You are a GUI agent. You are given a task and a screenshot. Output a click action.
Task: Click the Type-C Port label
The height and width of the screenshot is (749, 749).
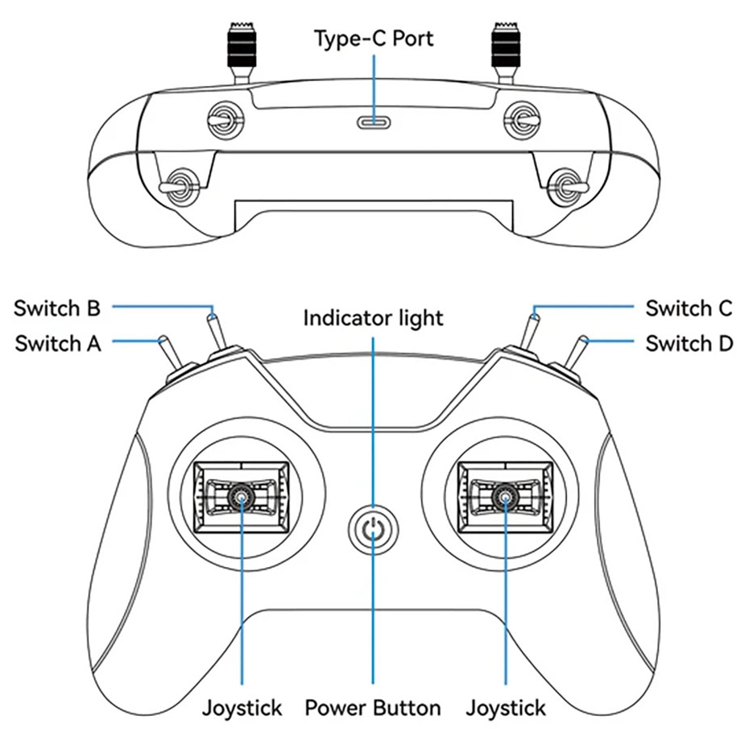374,39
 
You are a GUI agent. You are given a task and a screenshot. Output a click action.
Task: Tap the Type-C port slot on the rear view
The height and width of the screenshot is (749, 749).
374,122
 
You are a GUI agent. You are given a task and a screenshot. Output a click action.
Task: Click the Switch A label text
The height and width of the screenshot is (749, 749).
58,343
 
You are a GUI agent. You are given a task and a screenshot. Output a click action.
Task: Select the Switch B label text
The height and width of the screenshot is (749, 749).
57,308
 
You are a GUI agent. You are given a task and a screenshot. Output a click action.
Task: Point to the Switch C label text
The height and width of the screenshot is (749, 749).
689,308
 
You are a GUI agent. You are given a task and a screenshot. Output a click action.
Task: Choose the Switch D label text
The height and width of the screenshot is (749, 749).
689,343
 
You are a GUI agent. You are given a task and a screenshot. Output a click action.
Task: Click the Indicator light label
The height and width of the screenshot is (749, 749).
374,318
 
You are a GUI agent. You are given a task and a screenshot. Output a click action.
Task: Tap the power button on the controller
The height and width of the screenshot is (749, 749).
373,529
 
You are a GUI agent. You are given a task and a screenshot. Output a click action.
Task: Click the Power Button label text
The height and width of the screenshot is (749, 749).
373,707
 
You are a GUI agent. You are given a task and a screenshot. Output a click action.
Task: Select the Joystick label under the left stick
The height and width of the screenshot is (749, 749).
242,708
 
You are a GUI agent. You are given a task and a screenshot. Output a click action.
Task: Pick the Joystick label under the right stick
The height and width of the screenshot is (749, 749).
506,708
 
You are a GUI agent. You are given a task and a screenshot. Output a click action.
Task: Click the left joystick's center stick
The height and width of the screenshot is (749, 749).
242,497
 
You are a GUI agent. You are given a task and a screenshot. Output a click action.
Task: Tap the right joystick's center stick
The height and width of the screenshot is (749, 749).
506,497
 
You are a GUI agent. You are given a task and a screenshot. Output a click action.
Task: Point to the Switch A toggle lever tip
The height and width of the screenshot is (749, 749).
163,339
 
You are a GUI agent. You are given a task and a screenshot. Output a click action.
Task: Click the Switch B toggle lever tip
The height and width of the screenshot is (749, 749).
213,316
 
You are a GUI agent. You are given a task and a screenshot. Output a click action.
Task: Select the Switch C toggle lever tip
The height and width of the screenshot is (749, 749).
535,316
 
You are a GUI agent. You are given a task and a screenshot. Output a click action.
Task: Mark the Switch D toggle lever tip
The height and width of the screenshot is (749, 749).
584,339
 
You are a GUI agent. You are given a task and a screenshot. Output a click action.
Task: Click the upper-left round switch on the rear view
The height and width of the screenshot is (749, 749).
226,119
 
